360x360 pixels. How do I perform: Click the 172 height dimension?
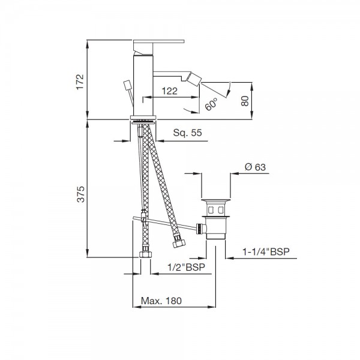pyautogui.click(x=80, y=82)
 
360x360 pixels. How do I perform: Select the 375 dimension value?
pyautogui.click(x=80, y=194)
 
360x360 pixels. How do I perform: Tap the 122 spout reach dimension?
pyautogui.click(x=170, y=91)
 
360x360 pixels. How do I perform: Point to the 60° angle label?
pyautogui.click(x=211, y=104)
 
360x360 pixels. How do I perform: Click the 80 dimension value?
pyautogui.click(x=245, y=101)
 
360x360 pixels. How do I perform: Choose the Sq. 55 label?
pyautogui.click(x=187, y=133)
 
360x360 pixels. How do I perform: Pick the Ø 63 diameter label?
pyautogui.click(x=255, y=167)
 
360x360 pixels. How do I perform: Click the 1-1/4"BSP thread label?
pyautogui.click(x=266, y=252)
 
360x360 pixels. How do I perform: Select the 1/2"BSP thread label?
pyautogui.click(x=186, y=267)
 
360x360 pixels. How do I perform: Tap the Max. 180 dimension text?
pyautogui.click(x=161, y=301)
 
